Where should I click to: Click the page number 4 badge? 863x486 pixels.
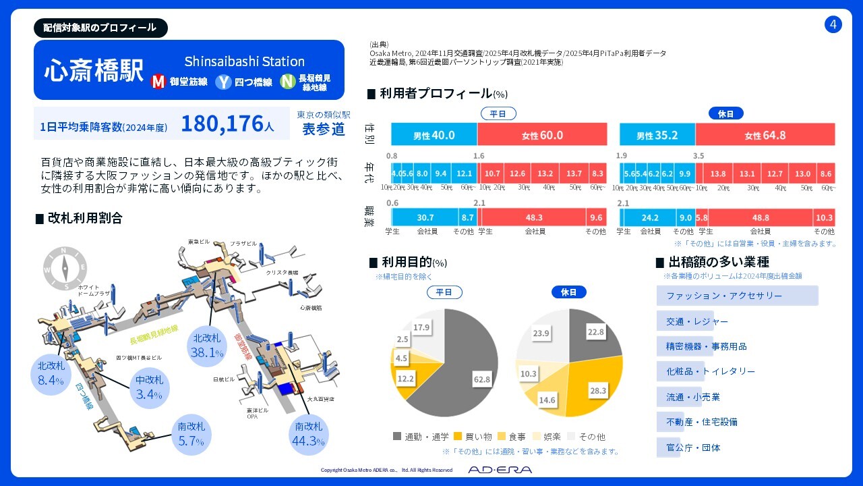point(833,25)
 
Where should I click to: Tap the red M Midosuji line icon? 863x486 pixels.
point(158,82)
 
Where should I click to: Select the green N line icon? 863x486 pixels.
point(288,82)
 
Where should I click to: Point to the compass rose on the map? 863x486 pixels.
point(65,269)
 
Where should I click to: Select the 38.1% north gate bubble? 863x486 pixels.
point(207,345)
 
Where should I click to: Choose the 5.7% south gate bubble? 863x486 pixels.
point(191,433)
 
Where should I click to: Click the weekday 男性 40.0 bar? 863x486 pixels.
point(434,135)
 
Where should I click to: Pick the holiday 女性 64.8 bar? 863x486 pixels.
point(765,135)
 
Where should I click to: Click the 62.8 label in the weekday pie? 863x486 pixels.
point(481,380)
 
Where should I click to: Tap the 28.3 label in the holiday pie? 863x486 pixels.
point(597,390)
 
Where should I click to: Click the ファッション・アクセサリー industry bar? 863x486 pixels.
point(737,296)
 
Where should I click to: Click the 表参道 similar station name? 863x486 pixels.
point(324,129)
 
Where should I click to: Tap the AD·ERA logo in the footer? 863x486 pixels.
point(500,470)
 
